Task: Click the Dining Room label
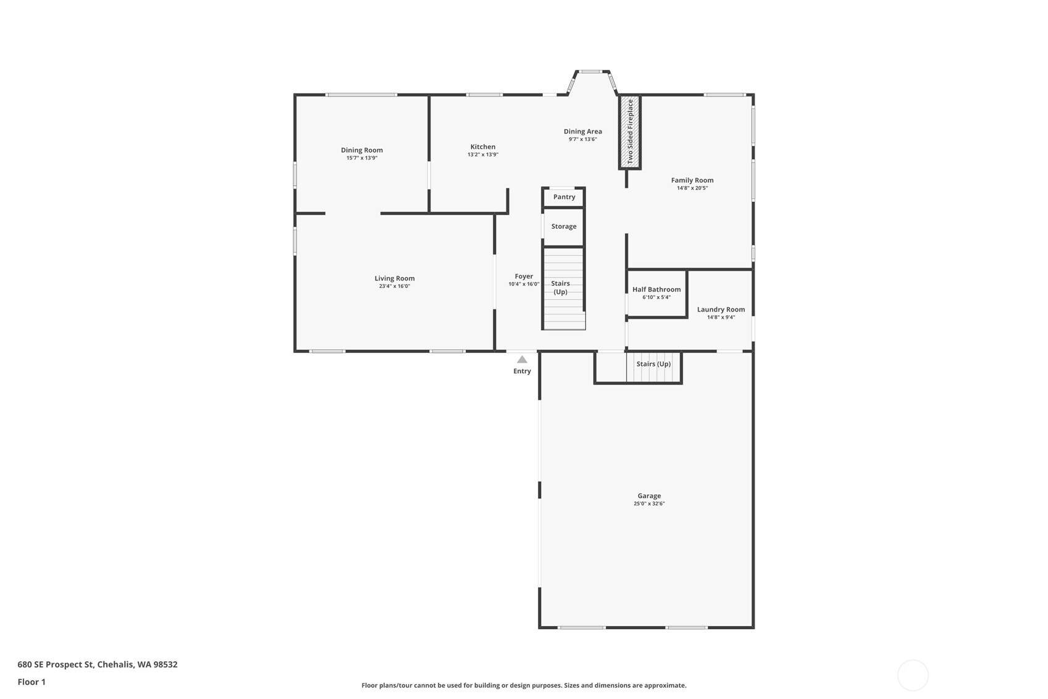362,150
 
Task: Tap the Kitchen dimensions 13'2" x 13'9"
483,155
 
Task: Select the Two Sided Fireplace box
630,132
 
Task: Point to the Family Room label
692,180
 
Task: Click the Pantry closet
564,197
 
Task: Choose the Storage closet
563,227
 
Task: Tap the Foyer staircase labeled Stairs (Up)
564,288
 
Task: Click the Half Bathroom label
656,289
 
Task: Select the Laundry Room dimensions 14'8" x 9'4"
721,318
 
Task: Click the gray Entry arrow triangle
522,360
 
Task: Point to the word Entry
522,371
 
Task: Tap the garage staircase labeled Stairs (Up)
653,368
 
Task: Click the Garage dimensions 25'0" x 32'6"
649,504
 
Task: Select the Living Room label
395,278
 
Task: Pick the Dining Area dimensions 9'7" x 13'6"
582,139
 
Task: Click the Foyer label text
524,276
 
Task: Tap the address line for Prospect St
98,664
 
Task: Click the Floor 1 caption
31,682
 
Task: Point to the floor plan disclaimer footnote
524,685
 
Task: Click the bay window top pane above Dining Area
590,72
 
